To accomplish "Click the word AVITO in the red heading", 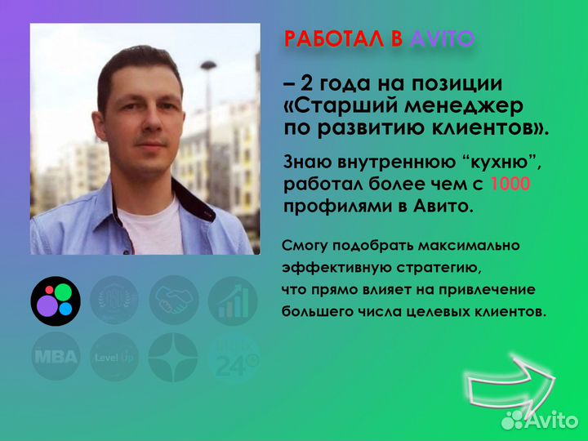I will click(x=441, y=38).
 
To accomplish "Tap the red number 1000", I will click(x=513, y=184).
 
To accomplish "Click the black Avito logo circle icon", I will click(x=56, y=301).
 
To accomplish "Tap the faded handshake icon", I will click(x=173, y=301).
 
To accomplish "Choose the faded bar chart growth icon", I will click(x=233, y=301).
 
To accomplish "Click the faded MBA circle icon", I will click(x=56, y=358).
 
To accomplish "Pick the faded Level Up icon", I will click(x=114, y=358).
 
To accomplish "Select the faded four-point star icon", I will click(x=173, y=358).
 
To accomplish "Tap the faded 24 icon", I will click(x=233, y=358).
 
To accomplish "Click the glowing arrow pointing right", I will click(x=510, y=384).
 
